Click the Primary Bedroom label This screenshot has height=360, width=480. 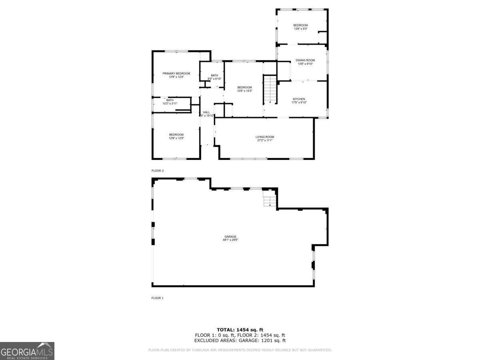pos(176,74)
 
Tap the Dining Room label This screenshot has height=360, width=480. pos(305,60)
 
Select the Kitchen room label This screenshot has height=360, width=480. pos(299,99)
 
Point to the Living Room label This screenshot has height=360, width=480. pos(265,137)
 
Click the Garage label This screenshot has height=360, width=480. pos(230,237)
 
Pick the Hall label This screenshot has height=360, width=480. pos(206,112)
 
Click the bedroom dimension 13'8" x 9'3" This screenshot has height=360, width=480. pos(300,29)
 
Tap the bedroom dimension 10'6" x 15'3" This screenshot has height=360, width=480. pos(244,91)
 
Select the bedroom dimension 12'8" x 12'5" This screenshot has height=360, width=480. pos(176,138)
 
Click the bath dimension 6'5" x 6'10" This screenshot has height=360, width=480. pos(214,79)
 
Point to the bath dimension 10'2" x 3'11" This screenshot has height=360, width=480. pos(170,104)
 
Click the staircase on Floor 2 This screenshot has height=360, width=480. pos(271,89)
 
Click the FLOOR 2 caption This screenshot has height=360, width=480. pos(158,171)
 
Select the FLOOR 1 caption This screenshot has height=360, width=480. pos(158,298)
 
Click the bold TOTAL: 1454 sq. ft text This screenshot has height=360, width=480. pos(240,330)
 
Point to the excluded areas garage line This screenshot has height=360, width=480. pos(240,341)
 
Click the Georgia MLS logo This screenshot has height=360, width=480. pos(27,351)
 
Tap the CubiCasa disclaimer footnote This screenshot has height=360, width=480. pos(240,350)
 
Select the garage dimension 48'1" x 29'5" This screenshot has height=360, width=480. pos(230,240)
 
